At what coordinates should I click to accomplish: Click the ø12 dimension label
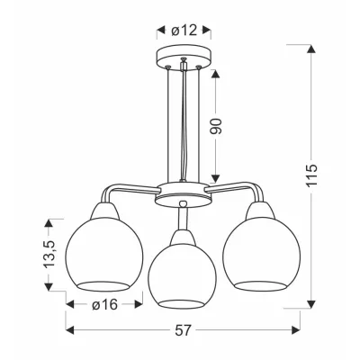pyautogui.click(x=184, y=30)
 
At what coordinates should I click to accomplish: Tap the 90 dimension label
pyautogui.click(x=216, y=126)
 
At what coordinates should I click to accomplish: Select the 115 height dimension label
pyautogui.click(x=312, y=175)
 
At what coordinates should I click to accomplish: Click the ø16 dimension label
pyautogui.click(x=104, y=305)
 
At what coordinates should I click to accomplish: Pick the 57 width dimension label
pyautogui.click(x=183, y=330)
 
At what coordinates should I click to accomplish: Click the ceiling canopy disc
pyautogui.click(x=184, y=58)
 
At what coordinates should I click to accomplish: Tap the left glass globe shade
pyautogui.click(x=104, y=255)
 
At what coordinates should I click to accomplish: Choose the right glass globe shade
pyautogui.click(x=261, y=254)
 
